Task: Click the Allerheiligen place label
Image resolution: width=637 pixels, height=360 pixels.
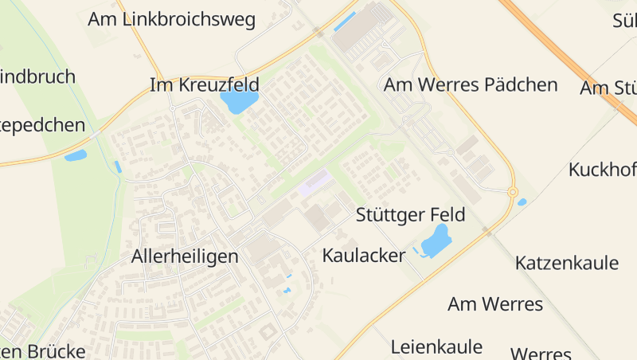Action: tap(185, 256)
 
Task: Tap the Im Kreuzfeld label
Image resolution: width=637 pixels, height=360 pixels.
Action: tap(205, 84)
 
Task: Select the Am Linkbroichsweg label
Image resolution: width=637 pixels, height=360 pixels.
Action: tap(171, 19)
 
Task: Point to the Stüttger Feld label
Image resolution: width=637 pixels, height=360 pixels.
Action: tap(410, 215)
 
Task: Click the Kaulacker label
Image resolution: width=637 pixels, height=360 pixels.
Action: tap(364, 255)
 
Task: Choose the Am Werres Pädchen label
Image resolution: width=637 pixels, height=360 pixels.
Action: tap(471, 84)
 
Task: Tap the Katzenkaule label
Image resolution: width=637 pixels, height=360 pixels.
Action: tap(567, 263)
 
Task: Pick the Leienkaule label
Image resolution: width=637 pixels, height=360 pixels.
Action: tap(436, 346)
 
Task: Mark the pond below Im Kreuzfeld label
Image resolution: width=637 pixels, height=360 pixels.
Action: tap(239, 101)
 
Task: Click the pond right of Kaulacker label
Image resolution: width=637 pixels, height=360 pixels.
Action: tap(436, 240)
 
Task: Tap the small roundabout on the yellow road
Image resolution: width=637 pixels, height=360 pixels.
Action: tap(512, 192)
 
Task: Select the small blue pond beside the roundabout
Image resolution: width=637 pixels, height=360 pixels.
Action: tap(522, 202)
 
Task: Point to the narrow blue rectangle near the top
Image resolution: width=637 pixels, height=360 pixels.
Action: tap(344, 21)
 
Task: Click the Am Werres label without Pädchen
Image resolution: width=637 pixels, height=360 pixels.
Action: tap(494, 303)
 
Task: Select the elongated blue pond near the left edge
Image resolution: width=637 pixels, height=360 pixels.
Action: tap(76, 155)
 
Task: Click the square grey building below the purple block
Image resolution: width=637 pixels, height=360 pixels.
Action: tap(318, 217)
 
